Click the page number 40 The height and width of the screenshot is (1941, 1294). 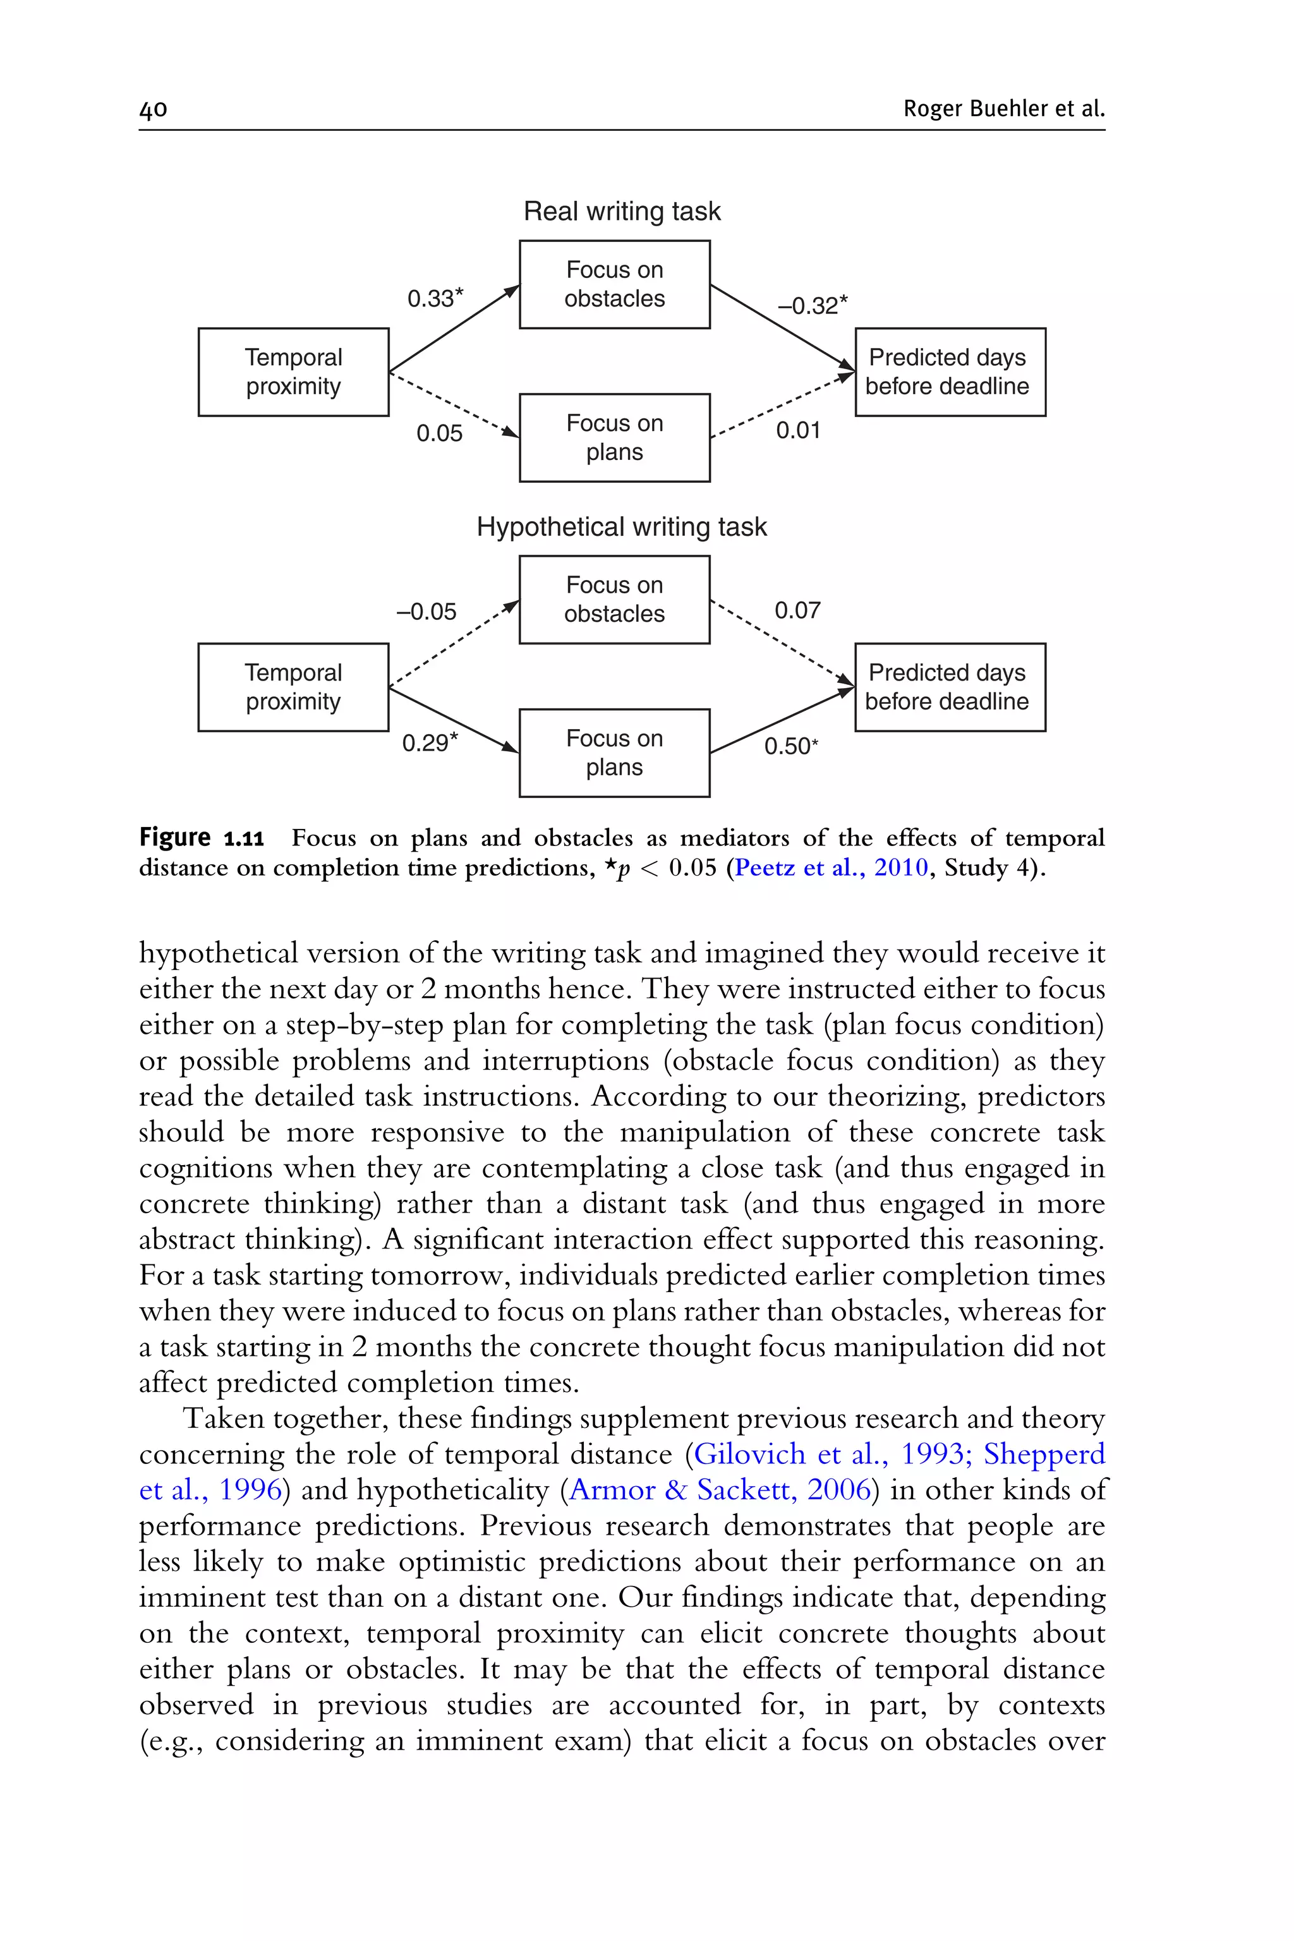click(x=154, y=109)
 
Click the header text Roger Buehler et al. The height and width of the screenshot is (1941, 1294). click(x=1003, y=108)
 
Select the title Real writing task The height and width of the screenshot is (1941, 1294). click(x=622, y=211)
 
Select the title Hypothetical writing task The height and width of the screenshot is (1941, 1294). click(x=622, y=526)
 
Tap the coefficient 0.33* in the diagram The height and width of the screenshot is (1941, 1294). click(x=435, y=298)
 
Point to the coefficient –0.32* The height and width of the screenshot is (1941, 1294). click(x=812, y=305)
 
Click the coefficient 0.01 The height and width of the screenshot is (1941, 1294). click(x=797, y=430)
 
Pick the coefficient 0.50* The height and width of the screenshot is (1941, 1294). click(x=790, y=746)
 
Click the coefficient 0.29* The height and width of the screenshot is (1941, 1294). click(x=429, y=743)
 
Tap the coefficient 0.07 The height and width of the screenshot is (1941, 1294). click(x=797, y=611)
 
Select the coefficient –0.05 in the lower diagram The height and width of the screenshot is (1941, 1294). click(x=426, y=612)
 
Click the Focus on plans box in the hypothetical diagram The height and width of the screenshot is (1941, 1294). click(x=614, y=753)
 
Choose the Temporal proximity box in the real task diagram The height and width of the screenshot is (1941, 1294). click(x=293, y=372)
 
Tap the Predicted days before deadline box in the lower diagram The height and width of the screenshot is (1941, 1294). click(x=949, y=687)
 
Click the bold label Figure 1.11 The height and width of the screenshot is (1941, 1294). click(x=202, y=838)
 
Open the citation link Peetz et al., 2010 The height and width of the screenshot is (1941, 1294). click(x=831, y=868)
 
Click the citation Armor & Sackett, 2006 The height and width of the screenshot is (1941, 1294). click(x=720, y=1490)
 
